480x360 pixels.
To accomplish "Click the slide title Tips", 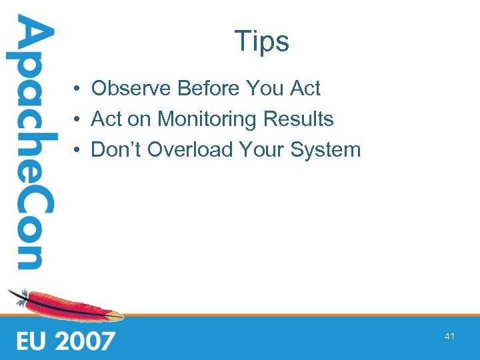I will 261,41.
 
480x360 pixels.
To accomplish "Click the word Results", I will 298,119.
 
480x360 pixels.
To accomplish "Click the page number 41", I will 449,337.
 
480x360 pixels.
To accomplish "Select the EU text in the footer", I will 31,341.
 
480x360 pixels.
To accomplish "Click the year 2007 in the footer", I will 85,341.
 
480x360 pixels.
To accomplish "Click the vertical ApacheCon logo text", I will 29,143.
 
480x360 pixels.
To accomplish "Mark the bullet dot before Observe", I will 78,89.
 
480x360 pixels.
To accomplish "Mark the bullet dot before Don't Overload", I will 78,150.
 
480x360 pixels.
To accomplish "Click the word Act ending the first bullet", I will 305,88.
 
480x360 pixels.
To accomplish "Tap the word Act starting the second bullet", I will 106,119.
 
